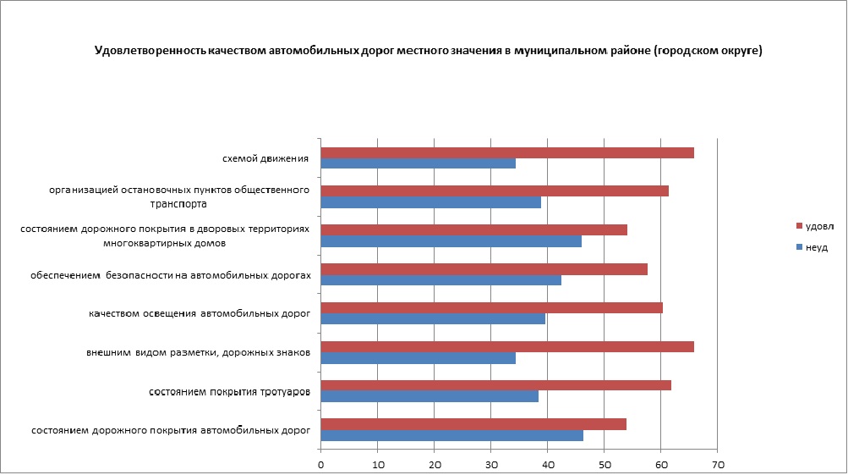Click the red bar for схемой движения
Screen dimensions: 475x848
click(x=507, y=152)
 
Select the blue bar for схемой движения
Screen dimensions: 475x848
click(x=419, y=163)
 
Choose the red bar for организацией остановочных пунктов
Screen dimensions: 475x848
click(x=495, y=191)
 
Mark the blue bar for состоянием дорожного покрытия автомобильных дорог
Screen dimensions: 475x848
click(x=452, y=435)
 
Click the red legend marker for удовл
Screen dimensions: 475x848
click(x=798, y=226)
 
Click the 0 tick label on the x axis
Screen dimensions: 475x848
click(x=321, y=465)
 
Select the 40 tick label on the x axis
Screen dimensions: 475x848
click(x=547, y=465)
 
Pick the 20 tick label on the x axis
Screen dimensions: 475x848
click(x=435, y=465)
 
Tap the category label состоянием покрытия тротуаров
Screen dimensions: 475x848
click(x=229, y=392)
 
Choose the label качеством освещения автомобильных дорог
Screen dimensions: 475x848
click(x=200, y=313)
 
